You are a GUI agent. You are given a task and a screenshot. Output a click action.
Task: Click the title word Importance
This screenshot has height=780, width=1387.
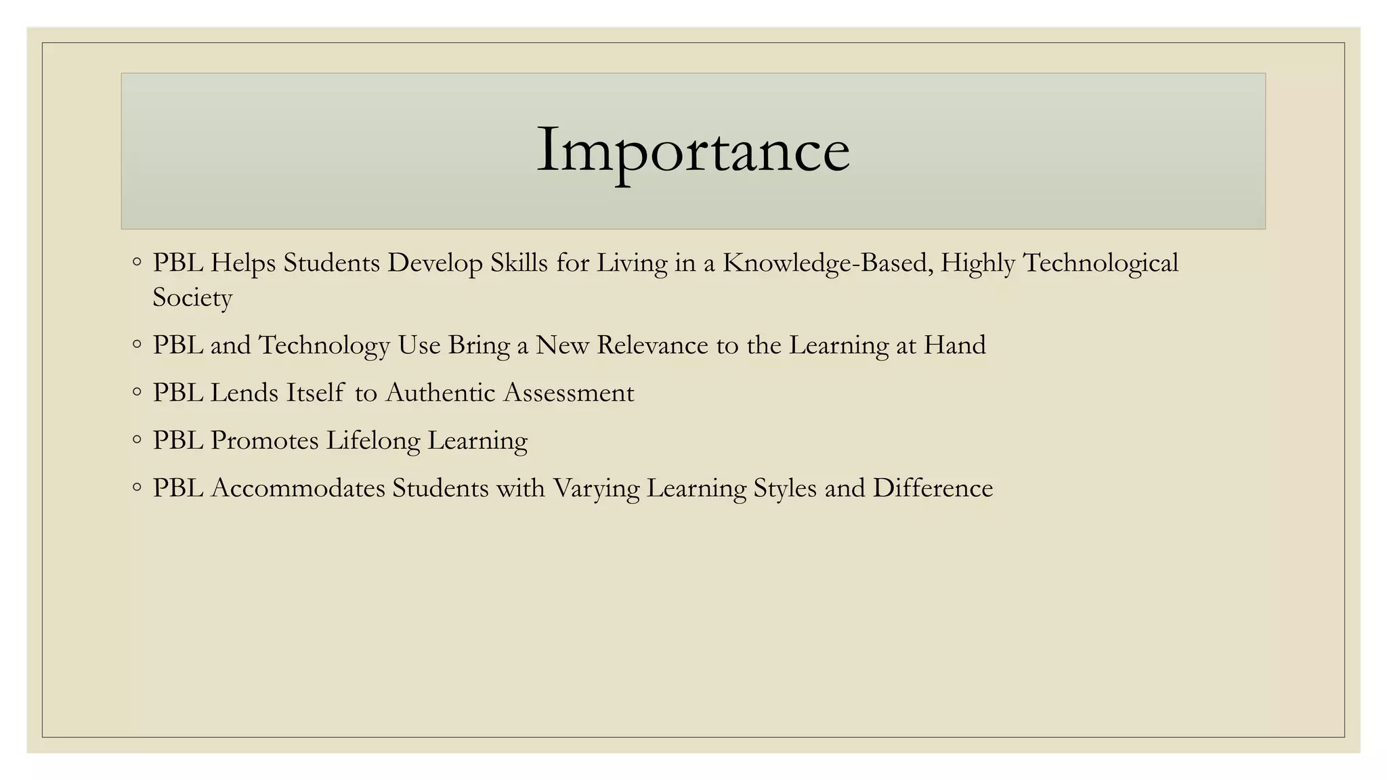(x=693, y=150)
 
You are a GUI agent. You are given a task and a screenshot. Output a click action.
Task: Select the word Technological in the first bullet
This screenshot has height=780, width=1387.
(x=1101, y=263)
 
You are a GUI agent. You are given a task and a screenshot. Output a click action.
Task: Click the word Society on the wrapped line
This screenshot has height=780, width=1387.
(x=192, y=297)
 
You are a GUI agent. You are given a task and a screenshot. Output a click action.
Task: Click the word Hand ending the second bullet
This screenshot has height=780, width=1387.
(x=954, y=345)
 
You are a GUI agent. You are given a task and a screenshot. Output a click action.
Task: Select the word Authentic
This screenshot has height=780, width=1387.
(x=440, y=393)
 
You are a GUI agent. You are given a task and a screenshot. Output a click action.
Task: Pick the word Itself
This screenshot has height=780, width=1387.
(x=315, y=393)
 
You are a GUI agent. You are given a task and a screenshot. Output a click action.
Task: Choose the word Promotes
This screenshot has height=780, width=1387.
(x=264, y=441)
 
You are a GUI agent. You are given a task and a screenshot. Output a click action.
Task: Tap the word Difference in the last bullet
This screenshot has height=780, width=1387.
(x=933, y=488)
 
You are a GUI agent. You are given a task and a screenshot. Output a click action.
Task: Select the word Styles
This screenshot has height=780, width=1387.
(x=785, y=488)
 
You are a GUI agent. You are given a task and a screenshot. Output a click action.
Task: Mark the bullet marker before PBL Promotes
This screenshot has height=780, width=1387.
(x=137, y=440)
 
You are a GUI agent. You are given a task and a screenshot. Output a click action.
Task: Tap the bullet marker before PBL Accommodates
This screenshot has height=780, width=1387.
(x=137, y=487)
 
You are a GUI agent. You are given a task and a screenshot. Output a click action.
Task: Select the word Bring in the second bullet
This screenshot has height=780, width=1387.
(x=479, y=345)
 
